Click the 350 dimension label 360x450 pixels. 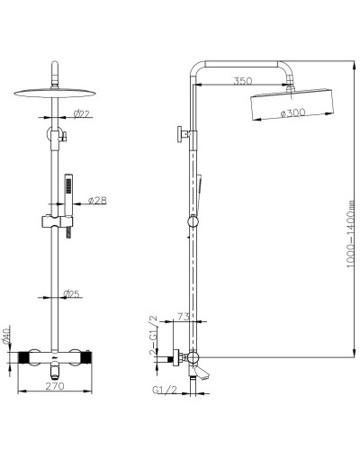pos(243,81)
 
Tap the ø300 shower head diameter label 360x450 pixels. pos(292,113)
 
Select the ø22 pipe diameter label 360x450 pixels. pos(82,113)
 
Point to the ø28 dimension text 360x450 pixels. pos(97,200)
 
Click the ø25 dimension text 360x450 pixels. pos(72,294)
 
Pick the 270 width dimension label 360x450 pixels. pos(55,386)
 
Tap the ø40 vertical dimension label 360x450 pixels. pos(6,337)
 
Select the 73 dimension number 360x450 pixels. pos(183,316)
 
